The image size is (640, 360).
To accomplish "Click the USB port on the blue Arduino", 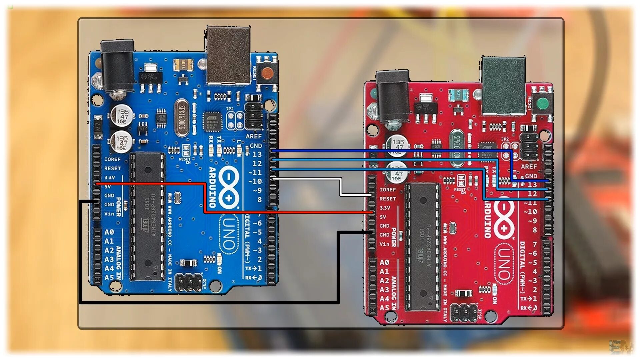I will click(x=228, y=55).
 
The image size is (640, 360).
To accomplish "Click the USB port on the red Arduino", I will click(x=504, y=85).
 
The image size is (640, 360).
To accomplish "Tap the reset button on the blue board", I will click(x=267, y=73).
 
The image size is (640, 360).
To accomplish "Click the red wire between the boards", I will click(x=287, y=212).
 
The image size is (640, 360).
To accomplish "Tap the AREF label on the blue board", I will click(x=254, y=136).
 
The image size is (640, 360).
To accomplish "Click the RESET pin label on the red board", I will click(x=388, y=199).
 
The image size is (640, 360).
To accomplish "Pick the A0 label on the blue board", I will click(x=109, y=232).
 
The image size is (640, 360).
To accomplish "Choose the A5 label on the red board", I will click(x=384, y=308).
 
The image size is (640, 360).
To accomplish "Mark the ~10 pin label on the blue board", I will click(x=255, y=182).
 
